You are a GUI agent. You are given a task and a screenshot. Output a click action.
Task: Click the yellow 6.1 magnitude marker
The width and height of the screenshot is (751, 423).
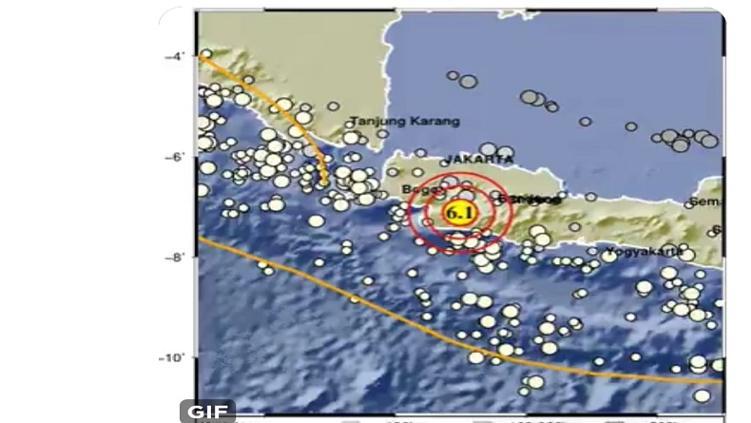tap(459, 214)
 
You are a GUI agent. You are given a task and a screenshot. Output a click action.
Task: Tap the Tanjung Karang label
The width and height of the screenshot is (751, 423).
tap(405, 122)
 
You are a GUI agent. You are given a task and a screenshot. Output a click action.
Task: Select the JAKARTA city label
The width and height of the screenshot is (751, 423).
tap(480, 158)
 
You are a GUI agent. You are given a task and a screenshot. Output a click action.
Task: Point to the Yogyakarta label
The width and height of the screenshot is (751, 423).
tap(642, 253)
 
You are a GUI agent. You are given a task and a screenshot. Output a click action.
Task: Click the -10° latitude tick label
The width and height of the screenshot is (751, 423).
tap(171, 357)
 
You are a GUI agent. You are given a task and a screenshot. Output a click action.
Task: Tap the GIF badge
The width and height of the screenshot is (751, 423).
tap(207, 412)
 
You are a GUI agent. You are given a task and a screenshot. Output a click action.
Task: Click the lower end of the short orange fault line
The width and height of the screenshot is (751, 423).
tap(324, 181)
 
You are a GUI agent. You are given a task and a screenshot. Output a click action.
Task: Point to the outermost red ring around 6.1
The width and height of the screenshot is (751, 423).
tap(410, 213)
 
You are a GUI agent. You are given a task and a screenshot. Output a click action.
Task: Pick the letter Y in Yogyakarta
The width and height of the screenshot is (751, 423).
tap(605, 253)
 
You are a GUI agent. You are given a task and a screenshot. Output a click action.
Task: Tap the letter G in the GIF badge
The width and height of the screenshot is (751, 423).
tap(195, 412)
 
